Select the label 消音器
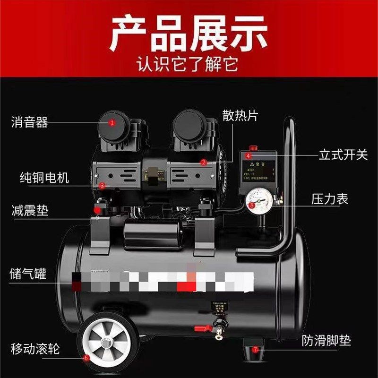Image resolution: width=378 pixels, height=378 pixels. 29,123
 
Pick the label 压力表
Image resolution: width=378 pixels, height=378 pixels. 329,199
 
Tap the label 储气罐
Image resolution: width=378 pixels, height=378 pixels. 28,274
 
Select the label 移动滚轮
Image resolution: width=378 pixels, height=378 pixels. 35,350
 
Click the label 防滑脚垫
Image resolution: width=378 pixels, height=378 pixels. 327,341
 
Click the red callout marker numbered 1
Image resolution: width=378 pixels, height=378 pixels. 112,123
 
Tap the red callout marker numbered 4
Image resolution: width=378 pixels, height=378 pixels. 249,155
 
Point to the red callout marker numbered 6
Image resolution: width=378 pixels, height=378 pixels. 86,358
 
